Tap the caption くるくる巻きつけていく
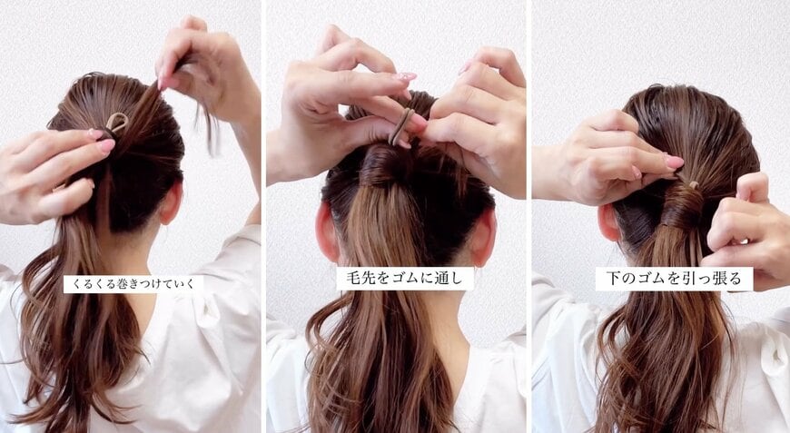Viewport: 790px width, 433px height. click(133, 284)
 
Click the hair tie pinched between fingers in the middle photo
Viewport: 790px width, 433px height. click(400, 126)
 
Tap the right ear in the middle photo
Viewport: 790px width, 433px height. click(482, 237)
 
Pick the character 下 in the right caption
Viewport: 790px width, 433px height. click(613, 279)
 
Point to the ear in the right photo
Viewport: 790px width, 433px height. click(608, 221)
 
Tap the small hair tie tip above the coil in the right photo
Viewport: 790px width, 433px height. click(694, 185)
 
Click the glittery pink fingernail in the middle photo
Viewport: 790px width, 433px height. click(407, 77)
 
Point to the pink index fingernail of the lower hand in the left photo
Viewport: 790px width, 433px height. click(106, 145)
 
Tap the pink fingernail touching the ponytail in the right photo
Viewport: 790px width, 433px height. click(674, 162)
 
